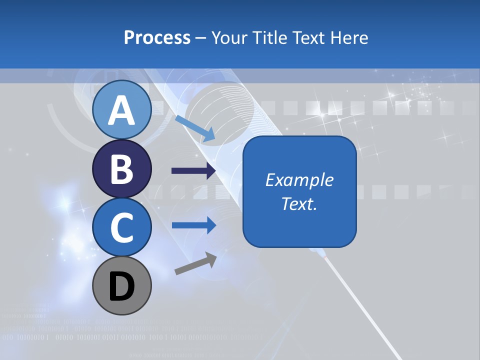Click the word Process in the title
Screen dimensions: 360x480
157,38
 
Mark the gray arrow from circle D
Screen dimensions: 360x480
195,263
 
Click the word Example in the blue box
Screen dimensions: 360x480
299,180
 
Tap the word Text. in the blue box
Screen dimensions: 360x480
299,203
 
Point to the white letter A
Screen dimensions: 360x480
121,110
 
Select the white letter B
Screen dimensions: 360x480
121,169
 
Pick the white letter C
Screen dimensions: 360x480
121,228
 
